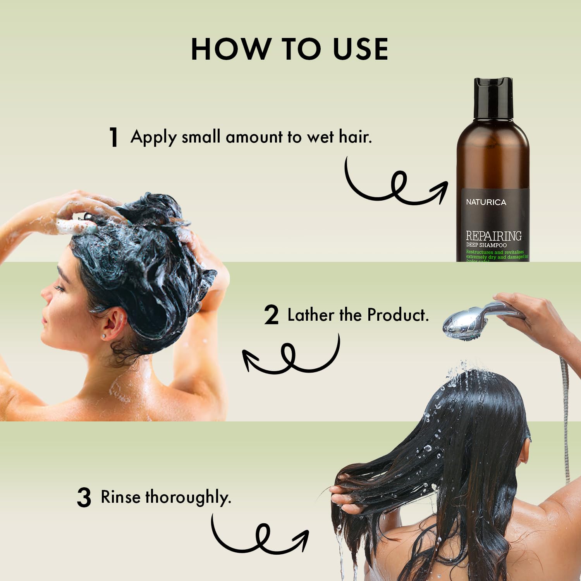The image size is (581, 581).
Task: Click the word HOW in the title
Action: [x=225, y=49]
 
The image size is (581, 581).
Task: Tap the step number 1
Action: [x=113, y=137]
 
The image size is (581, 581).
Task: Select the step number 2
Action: [x=271, y=315]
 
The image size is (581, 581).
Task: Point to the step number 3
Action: [x=84, y=498]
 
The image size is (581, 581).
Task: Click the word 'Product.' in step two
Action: [x=398, y=315]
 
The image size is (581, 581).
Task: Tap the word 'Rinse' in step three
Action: [x=120, y=497]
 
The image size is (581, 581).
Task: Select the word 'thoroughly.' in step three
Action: [x=188, y=498]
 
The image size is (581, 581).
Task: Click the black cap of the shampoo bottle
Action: [x=493, y=98]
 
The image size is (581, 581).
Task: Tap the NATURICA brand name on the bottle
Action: [x=486, y=202]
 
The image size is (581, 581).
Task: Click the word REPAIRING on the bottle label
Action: [x=493, y=235]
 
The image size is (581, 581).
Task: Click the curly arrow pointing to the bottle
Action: [x=395, y=186]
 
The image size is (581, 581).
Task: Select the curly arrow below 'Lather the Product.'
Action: [x=290, y=356]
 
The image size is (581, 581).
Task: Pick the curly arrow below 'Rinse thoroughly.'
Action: [x=260, y=536]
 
